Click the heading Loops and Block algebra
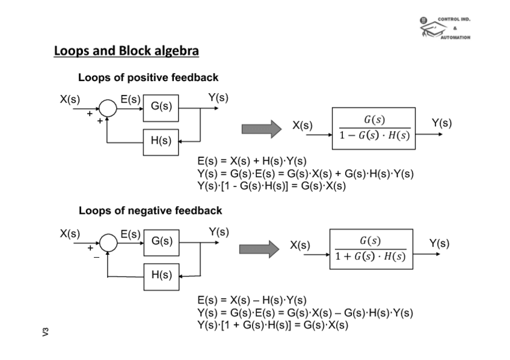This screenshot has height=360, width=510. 126,51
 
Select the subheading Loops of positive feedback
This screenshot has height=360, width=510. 148,78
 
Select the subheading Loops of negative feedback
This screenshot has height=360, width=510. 150,210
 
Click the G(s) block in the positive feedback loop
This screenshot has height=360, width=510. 161,107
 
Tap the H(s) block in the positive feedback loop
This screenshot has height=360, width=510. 161,141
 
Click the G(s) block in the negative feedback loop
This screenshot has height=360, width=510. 161,242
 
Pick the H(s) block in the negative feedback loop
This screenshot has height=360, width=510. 161,275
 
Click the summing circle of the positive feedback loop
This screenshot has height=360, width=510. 108,108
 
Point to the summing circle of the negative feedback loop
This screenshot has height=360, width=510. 108,243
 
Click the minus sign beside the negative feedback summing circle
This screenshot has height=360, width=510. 96,257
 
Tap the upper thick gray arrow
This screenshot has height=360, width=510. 261,129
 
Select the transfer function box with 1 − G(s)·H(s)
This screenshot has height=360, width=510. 373,127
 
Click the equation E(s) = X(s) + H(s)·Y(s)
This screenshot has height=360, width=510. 252,161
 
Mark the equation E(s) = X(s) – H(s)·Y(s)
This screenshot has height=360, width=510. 252,300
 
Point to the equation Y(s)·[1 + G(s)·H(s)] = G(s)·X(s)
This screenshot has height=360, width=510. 272,325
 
